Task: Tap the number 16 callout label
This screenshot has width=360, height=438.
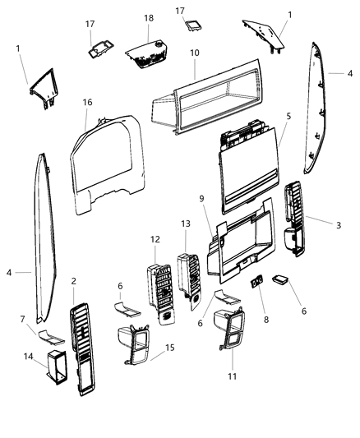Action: (87, 104)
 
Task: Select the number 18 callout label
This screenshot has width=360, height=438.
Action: (149, 17)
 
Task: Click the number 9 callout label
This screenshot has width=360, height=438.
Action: (202, 198)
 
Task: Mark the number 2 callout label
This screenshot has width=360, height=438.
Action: (74, 280)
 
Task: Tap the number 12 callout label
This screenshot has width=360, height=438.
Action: (155, 238)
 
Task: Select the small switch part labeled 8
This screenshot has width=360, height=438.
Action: (256, 281)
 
